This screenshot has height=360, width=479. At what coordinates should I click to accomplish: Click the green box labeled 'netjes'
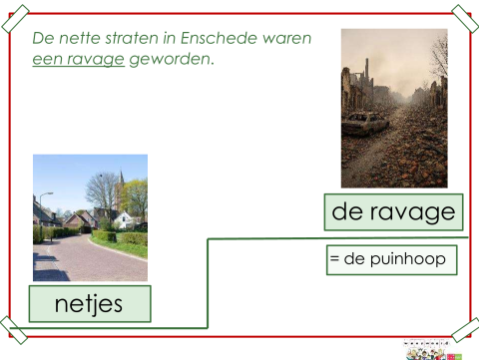(x=90, y=304)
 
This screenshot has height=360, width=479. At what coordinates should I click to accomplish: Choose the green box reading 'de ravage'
(x=393, y=211)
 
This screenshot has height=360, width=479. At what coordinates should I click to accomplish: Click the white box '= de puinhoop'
(x=391, y=260)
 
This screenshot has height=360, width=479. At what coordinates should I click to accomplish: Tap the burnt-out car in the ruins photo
(x=365, y=125)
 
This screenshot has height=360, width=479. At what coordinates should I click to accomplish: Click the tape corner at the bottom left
(x=13, y=330)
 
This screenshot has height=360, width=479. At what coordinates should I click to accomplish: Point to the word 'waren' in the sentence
(x=287, y=38)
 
